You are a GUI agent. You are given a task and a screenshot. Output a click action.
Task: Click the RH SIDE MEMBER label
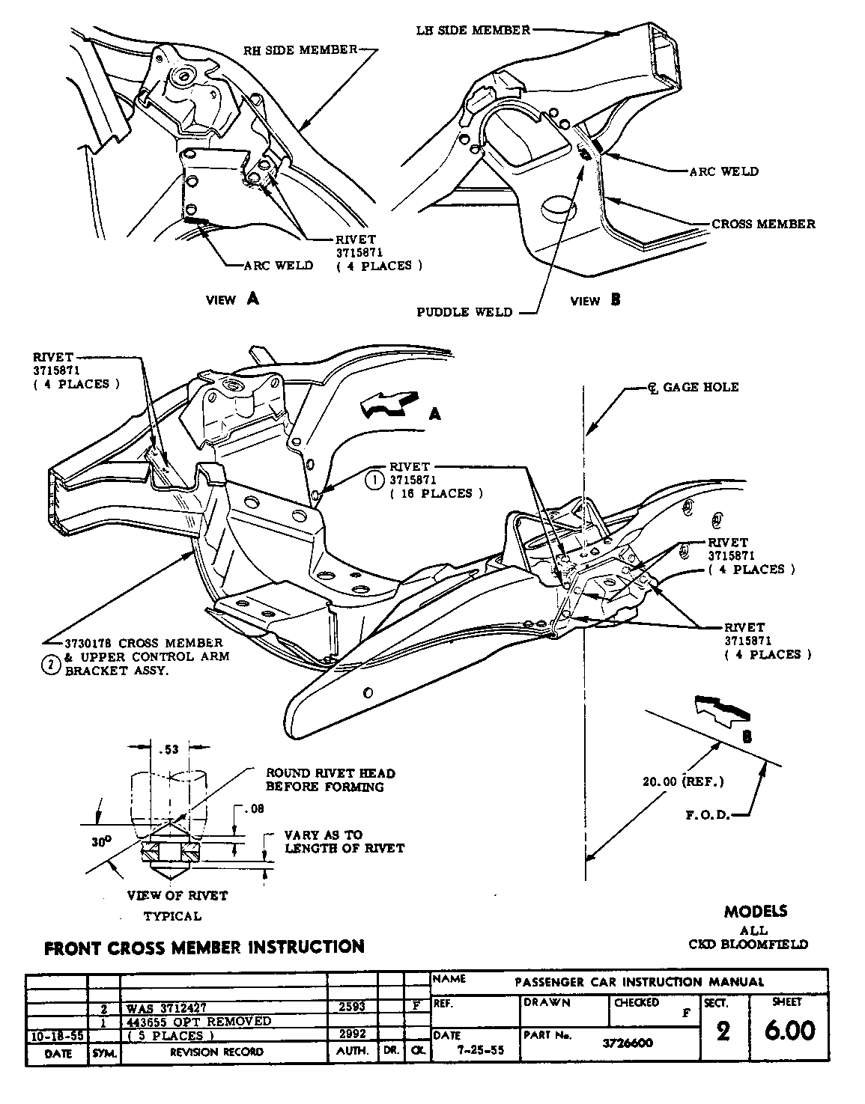300,50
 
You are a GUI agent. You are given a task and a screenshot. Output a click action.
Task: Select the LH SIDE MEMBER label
473,31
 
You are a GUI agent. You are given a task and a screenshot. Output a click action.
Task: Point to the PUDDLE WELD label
464,312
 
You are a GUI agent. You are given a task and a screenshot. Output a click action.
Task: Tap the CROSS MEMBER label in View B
762,224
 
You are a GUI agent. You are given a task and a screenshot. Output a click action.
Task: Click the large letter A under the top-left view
252,299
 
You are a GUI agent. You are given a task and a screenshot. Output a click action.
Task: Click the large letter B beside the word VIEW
616,300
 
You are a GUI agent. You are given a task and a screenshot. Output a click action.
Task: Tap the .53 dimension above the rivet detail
171,748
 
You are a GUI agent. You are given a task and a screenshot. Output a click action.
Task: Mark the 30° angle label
101,841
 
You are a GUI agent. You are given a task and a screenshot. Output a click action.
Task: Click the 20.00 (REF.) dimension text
683,782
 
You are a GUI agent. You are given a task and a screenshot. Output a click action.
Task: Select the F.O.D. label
707,815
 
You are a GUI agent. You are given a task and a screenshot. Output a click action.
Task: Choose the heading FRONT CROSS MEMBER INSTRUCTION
204,948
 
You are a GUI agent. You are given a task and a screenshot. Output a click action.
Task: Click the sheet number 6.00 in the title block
789,1031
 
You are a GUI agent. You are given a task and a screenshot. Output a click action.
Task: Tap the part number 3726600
626,1043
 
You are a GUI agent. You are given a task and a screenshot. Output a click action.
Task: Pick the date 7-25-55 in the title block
479,1050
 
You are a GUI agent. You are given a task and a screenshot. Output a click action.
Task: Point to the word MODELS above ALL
755,912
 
